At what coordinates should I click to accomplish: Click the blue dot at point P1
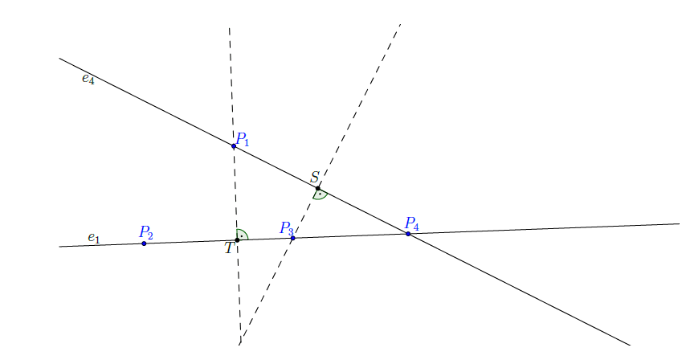pyautogui.click(x=234, y=146)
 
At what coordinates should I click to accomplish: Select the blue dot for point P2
pyautogui.click(x=144, y=243)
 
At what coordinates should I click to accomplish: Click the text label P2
pyautogui.click(x=146, y=232)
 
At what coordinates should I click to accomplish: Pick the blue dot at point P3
pyautogui.click(x=292, y=238)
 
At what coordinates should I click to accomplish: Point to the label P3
pyautogui.click(x=287, y=228)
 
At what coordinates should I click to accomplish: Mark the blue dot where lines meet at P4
pyautogui.click(x=408, y=234)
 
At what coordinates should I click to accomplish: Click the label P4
pyautogui.click(x=412, y=223)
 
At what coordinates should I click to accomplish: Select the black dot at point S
pyautogui.click(x=318, y=188)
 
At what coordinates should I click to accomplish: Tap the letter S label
pyautogui.click(x=315, y=177)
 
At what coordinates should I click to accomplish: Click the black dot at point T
pyautogui.click(x=237, y=240)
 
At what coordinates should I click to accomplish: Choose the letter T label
pyautogui.click(x=229, y=248)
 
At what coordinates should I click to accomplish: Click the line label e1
pyautogui.click(x=94, y=238)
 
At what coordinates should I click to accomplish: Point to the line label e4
pyautogui.click(x=88, y=79)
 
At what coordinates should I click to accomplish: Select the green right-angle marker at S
pyautogui.click(x=320, y=194)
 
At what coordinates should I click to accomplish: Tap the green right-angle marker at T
pyautogui.click(x=242, y=235)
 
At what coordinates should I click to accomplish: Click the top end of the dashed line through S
pyautogui.click(x=400, y=25)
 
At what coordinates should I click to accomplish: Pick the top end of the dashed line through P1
pyautogui.click(x=230, y=28)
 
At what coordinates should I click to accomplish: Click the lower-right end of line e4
pyautogui.click(x=629, y=345)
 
